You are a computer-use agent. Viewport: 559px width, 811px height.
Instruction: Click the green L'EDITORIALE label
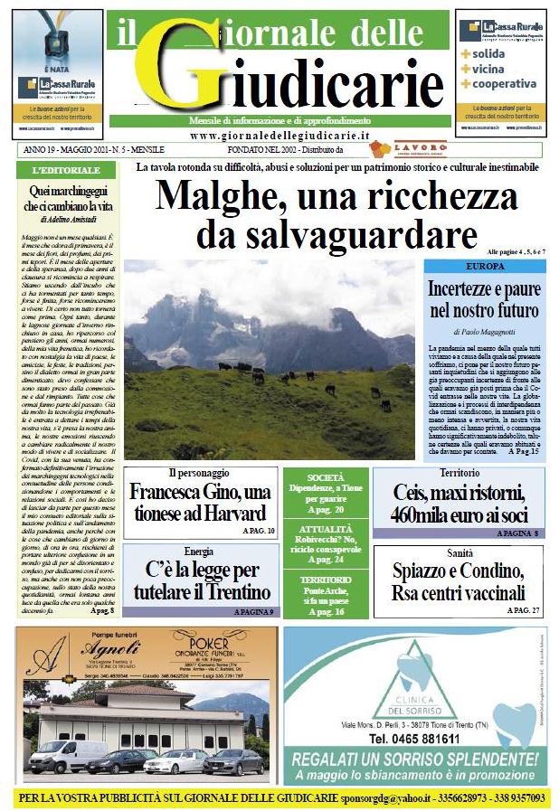pos(65,170)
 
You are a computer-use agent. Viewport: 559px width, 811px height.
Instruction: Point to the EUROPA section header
pos(484,268)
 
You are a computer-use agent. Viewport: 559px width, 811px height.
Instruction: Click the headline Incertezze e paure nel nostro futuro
pos(484,301)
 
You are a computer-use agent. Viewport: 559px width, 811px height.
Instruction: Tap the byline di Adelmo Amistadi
pos(69,219)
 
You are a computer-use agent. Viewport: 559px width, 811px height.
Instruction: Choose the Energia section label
pos(199,550)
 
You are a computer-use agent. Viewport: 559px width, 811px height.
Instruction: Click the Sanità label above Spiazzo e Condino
pos(459,552)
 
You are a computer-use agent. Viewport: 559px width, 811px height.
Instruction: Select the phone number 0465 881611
pos(415,738)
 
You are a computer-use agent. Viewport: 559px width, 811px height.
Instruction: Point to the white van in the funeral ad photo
pos(67,755)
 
